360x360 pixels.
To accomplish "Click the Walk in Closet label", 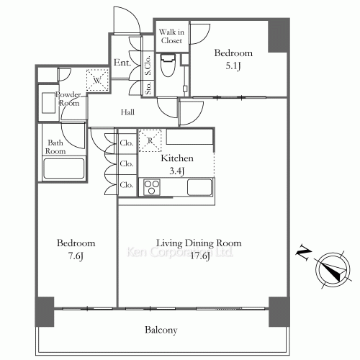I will point(171,37).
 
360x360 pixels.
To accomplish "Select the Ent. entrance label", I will point(121,63).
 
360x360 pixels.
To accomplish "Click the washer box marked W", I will point(96,78).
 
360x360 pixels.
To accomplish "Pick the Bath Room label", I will point(56,147).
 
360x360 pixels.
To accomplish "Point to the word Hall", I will point(127,112).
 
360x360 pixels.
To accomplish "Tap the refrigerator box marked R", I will point(149,139).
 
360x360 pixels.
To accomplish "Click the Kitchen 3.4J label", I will point(177,163).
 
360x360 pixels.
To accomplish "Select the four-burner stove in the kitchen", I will point(152,187).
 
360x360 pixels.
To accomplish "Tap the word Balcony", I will point(161,330).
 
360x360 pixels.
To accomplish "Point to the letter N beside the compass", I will point(303,252).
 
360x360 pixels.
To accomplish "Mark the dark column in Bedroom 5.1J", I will point(277,35).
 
